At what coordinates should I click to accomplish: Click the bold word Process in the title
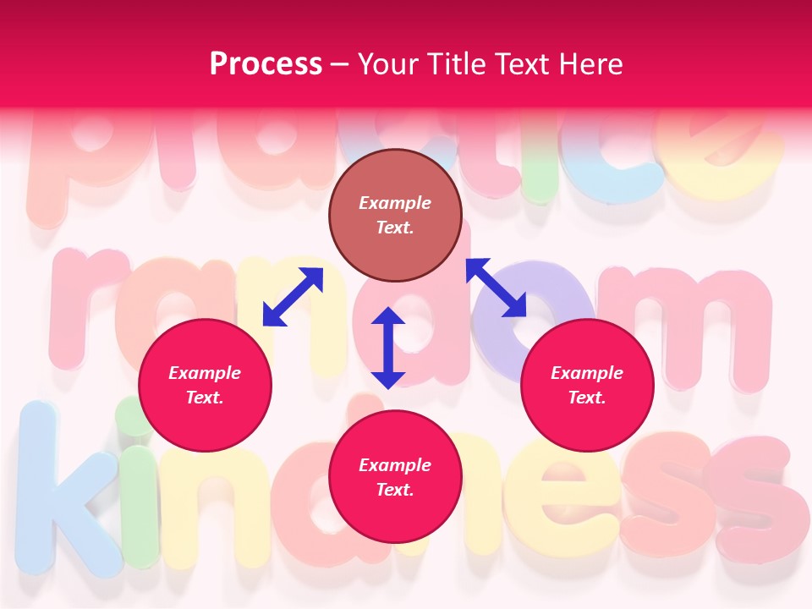[266, 64]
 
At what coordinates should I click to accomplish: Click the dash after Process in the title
[339, 65]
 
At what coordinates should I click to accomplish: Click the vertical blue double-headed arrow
[388, 348]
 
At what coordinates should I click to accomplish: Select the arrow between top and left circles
[293, 297]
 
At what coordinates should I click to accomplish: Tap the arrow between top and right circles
[496, 288]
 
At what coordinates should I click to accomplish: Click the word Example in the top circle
[395, 203]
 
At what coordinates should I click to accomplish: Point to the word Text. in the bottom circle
[395, 490]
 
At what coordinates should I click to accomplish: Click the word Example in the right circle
[587, 373]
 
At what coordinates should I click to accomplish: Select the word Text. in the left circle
[205, 398]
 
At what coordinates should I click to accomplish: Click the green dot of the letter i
[133, 416]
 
